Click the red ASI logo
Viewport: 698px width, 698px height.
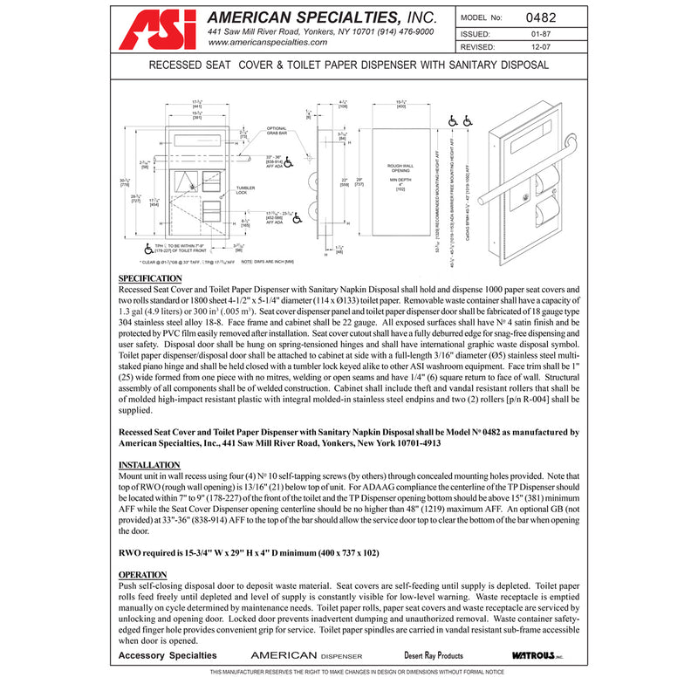[156, 29]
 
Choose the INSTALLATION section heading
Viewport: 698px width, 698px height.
[149, 464]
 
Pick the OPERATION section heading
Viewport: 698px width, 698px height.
[143, 573]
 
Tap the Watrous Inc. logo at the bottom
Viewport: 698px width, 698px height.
[537, 655]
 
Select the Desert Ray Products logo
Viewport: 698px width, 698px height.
[434, 655]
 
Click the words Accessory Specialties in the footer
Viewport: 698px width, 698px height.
[168, 655]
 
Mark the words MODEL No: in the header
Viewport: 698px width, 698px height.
[482, 16]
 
